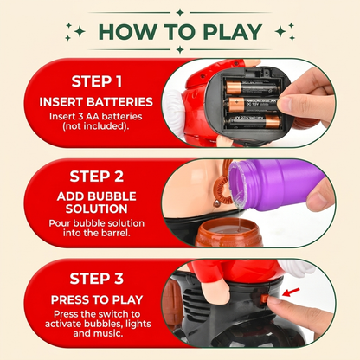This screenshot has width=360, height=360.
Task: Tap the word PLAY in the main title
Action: point(233,32)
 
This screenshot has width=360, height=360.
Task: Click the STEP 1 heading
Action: point(97,81)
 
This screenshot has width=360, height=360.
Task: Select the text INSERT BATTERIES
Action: point(96,102)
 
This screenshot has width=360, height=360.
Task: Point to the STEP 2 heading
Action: point(97,177)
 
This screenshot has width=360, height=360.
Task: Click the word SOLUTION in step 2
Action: point(97,209)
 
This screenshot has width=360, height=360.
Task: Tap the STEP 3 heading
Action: point(97,279)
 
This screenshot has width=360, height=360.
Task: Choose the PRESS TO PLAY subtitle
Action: point(97,299)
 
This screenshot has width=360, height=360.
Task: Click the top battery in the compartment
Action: point(254,87)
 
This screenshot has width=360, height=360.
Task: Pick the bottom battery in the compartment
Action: point(254,121)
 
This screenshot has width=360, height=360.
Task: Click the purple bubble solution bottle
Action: point(274,183)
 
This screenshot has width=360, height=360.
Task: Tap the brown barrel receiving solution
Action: point(228,233)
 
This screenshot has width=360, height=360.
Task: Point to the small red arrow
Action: point(291,292)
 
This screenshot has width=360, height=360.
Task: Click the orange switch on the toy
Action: point(264,299)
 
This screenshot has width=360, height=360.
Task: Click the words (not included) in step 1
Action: point(96,126)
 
